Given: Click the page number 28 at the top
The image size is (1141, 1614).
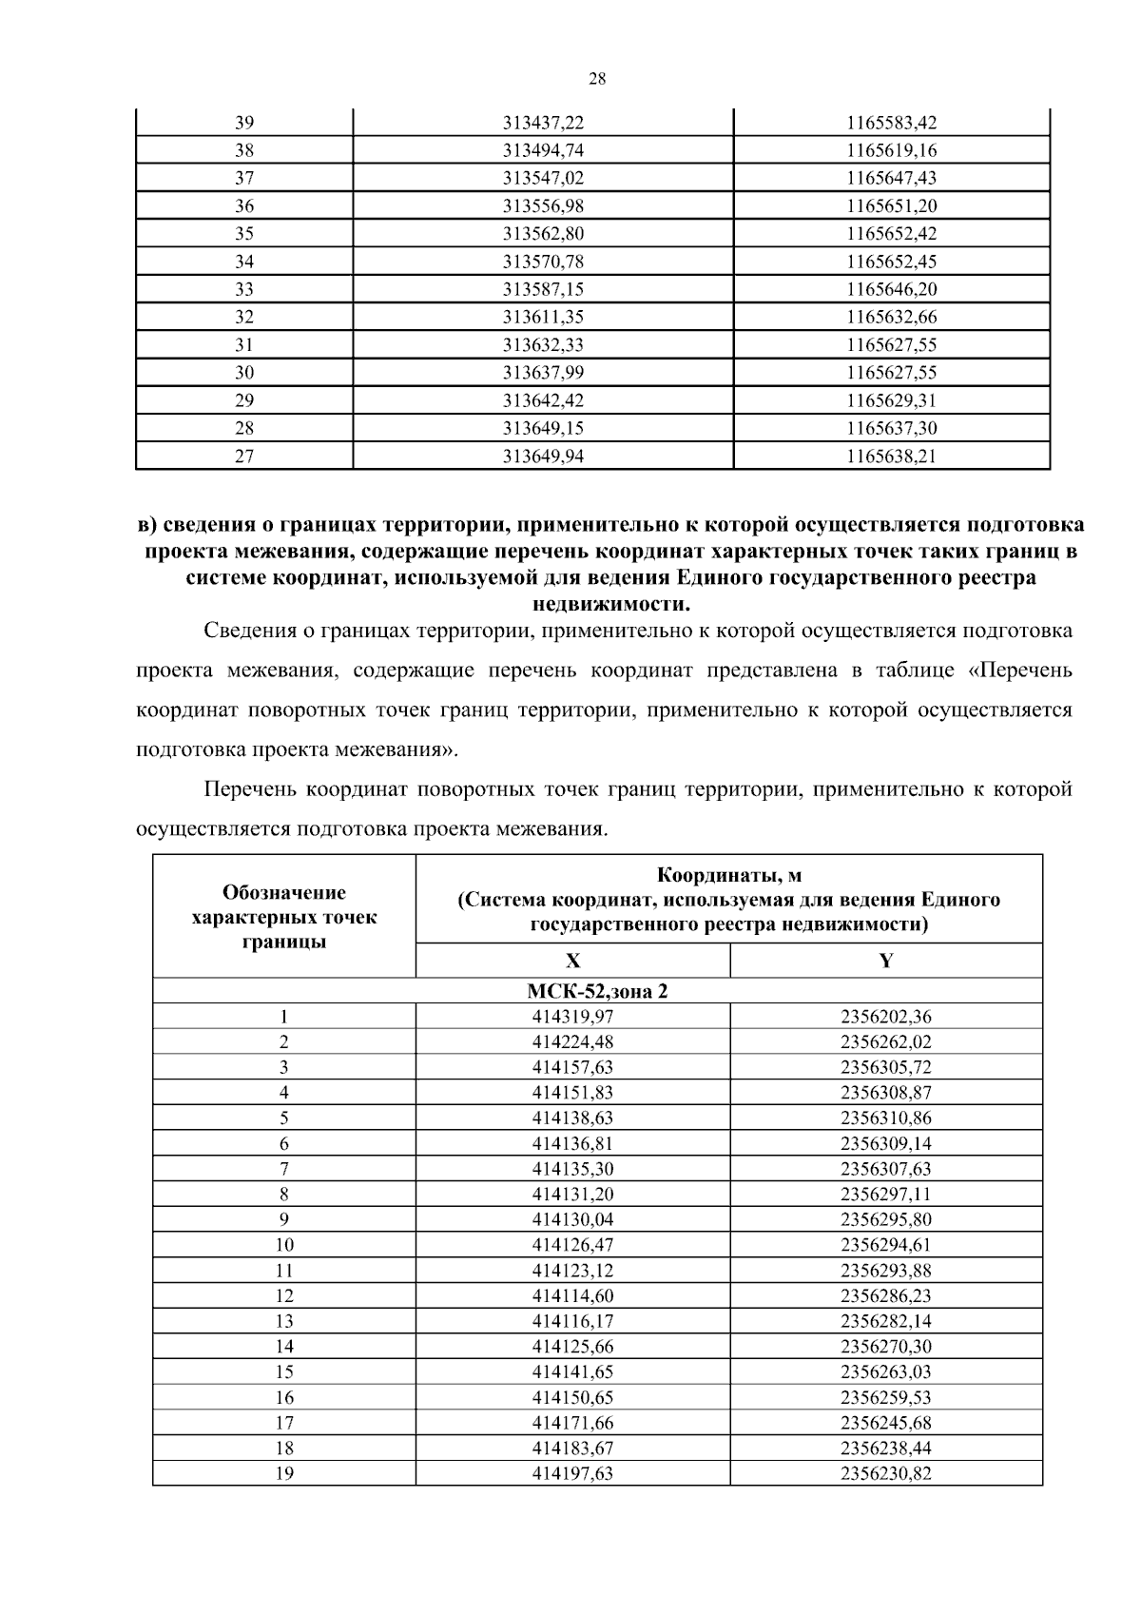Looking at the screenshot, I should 597,79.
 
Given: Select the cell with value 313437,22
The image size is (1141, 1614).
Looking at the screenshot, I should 543,123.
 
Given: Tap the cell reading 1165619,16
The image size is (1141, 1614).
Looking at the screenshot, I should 892,150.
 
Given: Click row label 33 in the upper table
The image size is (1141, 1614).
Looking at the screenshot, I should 244,289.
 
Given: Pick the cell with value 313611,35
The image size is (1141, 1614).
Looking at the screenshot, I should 543,317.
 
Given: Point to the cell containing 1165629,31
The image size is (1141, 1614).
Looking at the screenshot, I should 892,400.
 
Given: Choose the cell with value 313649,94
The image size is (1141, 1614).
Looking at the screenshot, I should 543,457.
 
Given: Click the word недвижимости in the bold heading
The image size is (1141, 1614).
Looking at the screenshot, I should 609,604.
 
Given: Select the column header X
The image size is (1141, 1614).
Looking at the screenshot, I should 572,961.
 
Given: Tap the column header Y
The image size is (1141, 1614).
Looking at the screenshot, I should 886,961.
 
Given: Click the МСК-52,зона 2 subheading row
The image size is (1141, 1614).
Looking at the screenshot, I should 597,991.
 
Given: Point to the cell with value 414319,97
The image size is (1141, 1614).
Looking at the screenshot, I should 572,1016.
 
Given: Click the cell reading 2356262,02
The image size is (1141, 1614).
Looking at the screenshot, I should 886,1041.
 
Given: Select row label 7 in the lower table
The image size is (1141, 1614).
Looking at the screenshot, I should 284,1169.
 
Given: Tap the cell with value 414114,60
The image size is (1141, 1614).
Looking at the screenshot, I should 572,1295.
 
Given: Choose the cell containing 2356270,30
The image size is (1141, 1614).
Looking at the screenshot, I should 886,1347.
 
